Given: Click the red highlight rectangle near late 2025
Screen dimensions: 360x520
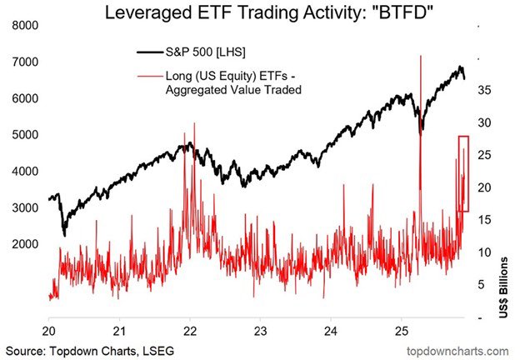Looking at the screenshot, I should point(464,172).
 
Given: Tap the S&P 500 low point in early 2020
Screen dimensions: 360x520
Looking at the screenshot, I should point(64,234).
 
